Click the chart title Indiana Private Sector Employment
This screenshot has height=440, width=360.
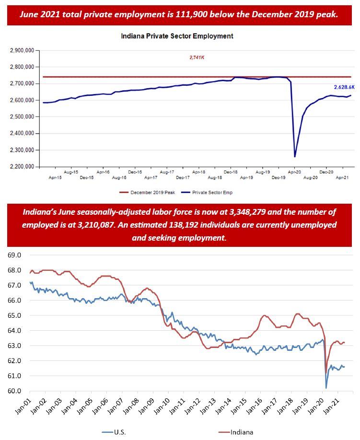pos(177,36)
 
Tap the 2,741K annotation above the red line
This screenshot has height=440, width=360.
pos(197,58)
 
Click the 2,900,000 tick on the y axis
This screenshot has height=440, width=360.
pos(22,50)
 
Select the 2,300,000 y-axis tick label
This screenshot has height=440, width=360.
pos(22,150)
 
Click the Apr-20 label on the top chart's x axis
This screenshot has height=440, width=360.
pos(294,172)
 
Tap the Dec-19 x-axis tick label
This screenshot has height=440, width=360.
pos(278,177)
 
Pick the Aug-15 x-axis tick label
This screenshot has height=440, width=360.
pos(71,172)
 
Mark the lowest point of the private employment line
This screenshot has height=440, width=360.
pos(295,156)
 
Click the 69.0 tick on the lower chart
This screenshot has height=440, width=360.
pos(15,255)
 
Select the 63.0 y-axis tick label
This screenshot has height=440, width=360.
pos(15,346)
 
